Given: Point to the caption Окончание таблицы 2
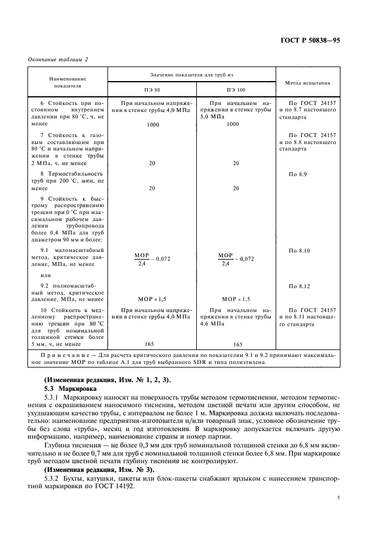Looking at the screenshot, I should click(58, 59).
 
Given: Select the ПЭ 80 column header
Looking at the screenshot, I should click(152, 90).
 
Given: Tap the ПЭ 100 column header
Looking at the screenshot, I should click(236, 90).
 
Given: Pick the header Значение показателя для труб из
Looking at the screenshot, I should click(193, 75).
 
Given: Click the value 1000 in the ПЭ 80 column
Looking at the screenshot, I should click(152, 124).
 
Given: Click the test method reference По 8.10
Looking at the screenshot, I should click(299, 250).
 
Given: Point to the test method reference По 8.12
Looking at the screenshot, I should click(299, 286).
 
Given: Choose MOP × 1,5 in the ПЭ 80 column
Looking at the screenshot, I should click(152, 298).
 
